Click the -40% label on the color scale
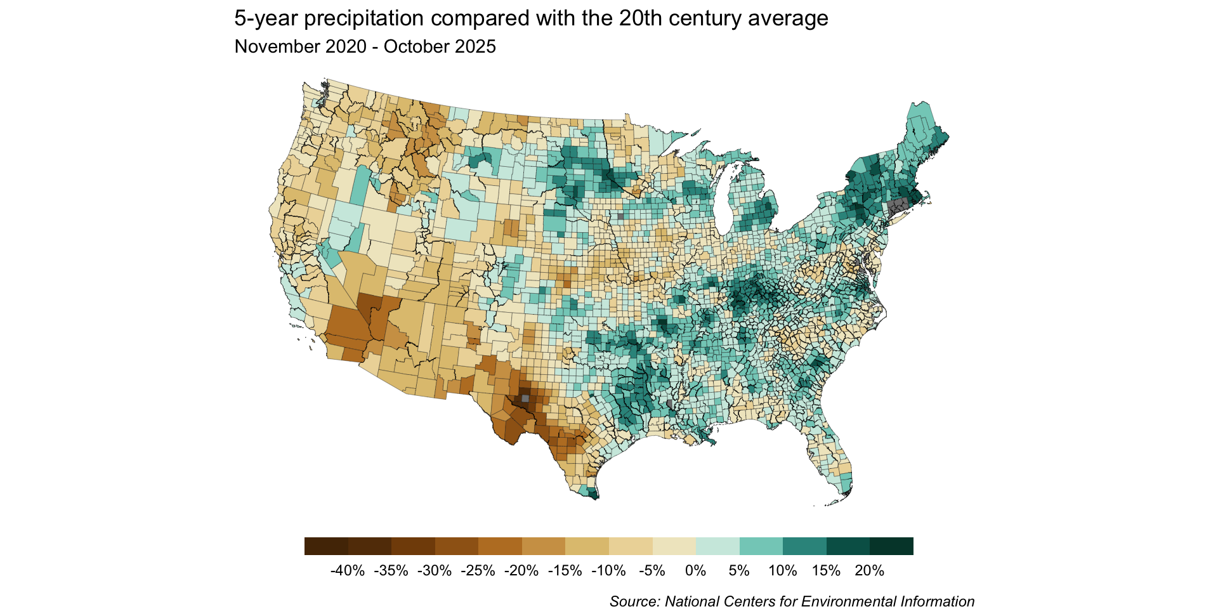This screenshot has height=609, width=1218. click(x=348, y=570)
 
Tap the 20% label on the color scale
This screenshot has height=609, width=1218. click(x=869, y=570)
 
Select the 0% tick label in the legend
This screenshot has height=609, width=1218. click(x=695, y=570)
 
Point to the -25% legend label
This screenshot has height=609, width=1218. click(x=478, y=570)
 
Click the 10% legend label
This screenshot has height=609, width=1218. click(x=782, y=570)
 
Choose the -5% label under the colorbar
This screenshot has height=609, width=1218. click(x=652, y=570)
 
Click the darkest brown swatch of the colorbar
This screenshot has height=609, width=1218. click(x=326, y=546)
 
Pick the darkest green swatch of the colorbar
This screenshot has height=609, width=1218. click(x=891, y=546)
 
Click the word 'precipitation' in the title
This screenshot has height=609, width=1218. click(x=364, y=19)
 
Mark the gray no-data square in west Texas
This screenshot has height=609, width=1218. click(x=525, y=398)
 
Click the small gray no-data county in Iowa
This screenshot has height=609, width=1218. click(x=620, y=216)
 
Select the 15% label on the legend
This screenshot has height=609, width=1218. click(x=826, y=570)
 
